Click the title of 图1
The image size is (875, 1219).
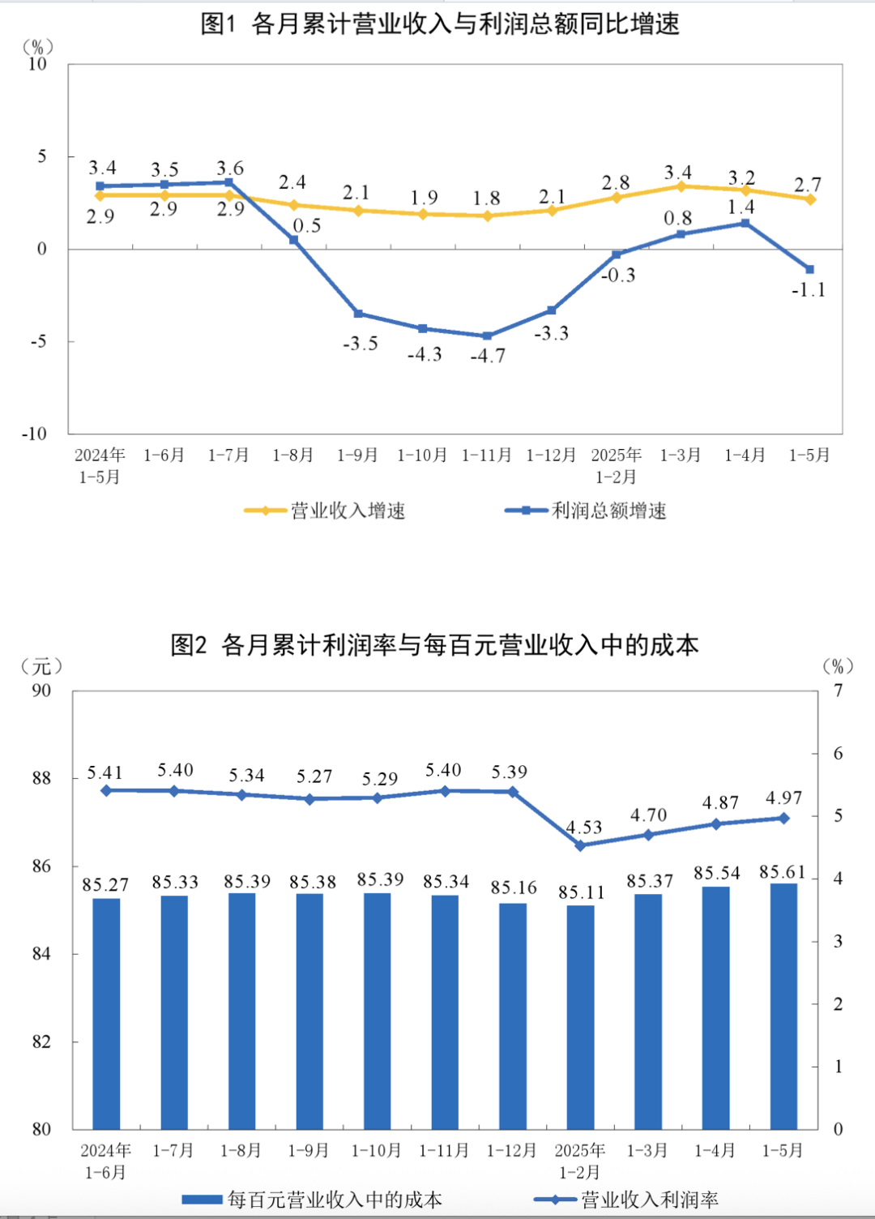[439, 24]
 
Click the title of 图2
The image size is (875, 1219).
[434, 645]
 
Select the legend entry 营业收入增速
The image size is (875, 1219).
[348, 511]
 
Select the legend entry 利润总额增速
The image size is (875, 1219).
[608, 511]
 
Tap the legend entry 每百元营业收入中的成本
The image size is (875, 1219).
[335, 1200]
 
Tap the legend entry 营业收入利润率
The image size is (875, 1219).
[649, 1200]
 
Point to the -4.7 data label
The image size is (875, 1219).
[488, 356]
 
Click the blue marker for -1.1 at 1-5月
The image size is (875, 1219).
[809, 269]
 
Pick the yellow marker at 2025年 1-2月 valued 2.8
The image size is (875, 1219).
[616, 197]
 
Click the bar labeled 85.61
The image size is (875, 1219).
[783, 1005]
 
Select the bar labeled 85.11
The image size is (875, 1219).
[580, 1016]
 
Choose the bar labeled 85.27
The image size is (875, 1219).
[106, 1013]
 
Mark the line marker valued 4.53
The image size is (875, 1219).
[580, 845]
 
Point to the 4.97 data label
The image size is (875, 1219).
[783, 798]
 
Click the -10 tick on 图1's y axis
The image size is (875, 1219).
[35, 434]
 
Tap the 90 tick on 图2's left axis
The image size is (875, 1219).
[41, 691]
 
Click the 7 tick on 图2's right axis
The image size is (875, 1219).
[839, 691]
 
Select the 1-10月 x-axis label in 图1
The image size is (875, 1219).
[422, 456]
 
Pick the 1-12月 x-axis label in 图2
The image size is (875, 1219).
[512, 1151]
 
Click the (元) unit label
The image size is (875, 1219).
[41, 666]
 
